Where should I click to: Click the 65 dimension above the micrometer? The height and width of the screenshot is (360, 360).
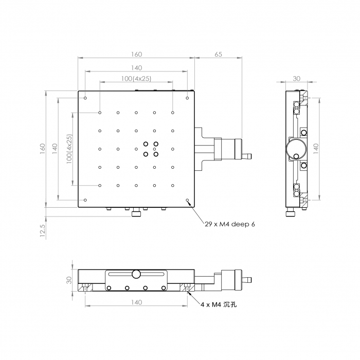(219, 55)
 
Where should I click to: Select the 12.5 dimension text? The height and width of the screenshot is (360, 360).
(43, 230)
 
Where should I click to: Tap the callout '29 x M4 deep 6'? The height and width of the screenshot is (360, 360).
(230, 224)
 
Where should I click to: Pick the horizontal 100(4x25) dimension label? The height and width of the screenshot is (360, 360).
(136, 79)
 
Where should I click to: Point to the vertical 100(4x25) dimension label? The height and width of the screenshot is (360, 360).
(69, 149)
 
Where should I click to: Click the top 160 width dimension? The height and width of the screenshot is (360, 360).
(137, 55)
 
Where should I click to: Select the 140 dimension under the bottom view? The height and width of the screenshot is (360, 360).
(137, 302)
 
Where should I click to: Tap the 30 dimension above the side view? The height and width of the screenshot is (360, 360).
(296, 79)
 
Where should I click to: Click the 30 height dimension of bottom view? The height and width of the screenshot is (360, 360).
(69, 280)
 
